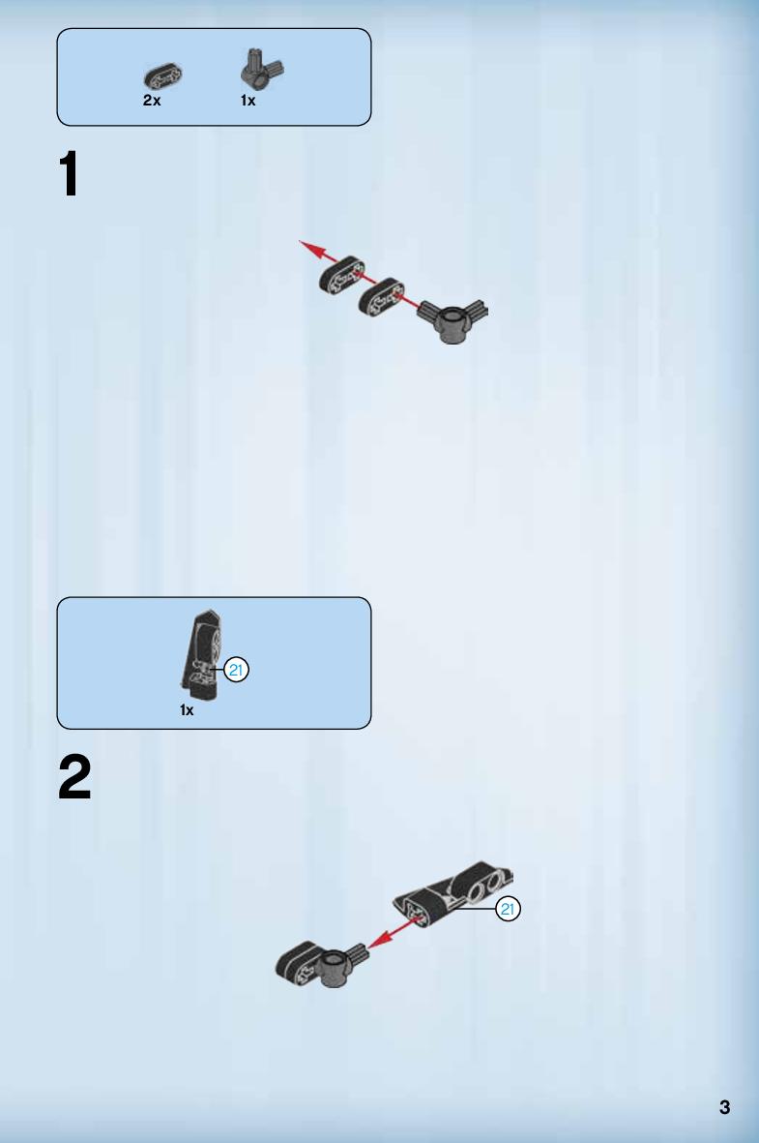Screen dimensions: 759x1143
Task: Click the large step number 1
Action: tap(69, 173)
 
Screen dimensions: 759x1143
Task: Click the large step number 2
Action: tap(74, 777)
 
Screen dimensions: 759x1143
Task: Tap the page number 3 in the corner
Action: tap(724, 1107)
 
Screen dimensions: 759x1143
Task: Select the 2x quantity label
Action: tap(152, 101)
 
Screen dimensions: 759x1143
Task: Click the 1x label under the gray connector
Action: tap(248, 101)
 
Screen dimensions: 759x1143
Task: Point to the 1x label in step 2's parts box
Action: tap(187, 710)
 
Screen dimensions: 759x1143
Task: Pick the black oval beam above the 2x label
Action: tap(163, 76)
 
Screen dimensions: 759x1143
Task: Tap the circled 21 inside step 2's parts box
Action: tap(236, 670)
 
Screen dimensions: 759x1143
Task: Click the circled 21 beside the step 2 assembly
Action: tap(508, 909)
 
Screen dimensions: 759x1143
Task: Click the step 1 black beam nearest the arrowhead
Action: tap(341, 276)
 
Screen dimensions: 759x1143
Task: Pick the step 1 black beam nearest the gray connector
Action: tap(380, 297)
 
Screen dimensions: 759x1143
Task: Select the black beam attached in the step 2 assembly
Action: tap(298, 960)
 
